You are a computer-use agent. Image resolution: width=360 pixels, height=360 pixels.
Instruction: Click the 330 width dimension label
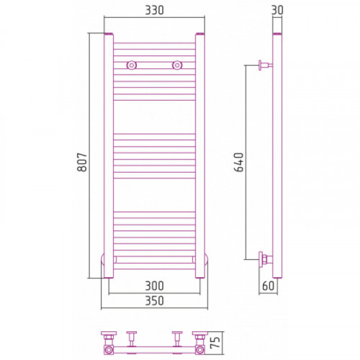click(154, 10)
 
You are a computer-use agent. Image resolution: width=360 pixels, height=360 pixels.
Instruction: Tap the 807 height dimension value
click(82, 162)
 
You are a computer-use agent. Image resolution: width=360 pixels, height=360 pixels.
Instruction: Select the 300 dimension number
click(154, 286)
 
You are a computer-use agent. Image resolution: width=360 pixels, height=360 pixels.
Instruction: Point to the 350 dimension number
click(154, 300)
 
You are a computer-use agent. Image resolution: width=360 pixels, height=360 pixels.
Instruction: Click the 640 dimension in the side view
click(239, 162)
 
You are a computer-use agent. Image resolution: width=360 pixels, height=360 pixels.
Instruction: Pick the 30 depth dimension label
click(277, 10)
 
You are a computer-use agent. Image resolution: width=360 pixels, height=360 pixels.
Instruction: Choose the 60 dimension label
click(268, 286)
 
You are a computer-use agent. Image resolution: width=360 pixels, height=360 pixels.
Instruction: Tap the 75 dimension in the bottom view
click(215, 342)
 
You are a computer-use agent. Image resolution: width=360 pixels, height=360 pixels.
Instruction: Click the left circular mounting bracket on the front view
click(131, 65)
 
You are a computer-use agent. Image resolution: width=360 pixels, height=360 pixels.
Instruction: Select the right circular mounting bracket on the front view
click(177, 65)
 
